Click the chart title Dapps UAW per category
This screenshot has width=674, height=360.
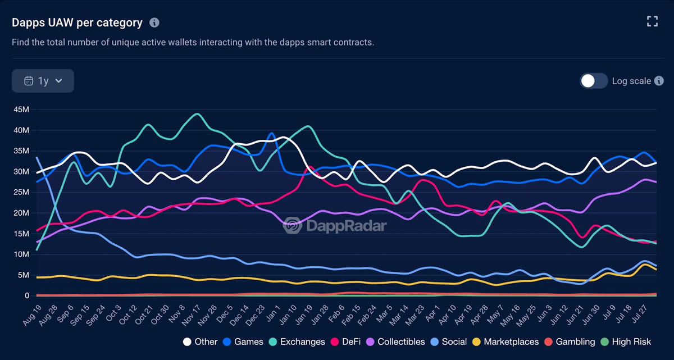[x=77, y=22]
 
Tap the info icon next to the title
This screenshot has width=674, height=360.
[x=154, y=22]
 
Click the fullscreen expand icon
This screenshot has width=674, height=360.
[x=652, y=21]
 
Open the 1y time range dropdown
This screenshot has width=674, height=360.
[x=43, y=81]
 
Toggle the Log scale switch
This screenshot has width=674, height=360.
[x=594, y=81]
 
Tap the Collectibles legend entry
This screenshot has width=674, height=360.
[x=395, y=341]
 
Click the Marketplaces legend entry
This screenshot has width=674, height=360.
[x=505, y=341]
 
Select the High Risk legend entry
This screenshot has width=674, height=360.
[x=629, y=341]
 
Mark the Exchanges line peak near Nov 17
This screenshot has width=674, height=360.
[x=197, y=114]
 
